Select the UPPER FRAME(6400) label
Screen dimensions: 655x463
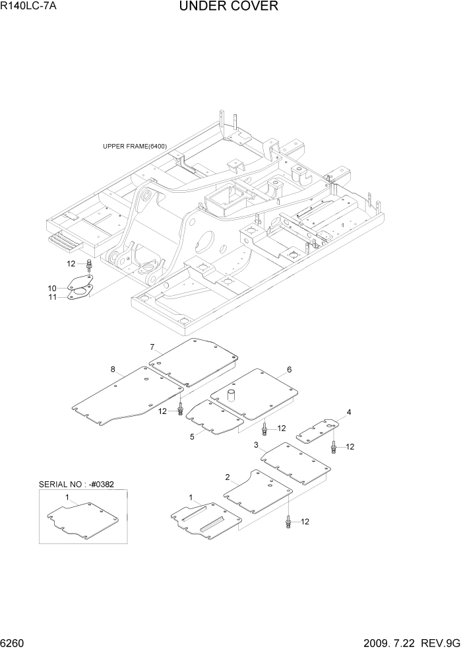pyautogui.click(x=135, y=147)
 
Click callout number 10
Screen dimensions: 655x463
pyautogui.click(x=52, y=288)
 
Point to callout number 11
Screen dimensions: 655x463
pyautogui.click(x=52, y=298)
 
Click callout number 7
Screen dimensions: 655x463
pyautogui.click(x=152, y=347)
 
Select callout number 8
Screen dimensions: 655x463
pyautogui.click(x=113, y=369)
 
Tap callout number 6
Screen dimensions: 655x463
pyautogui.click(x=289, y=369)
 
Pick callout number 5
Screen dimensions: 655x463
pyautogui.click(x=192, y=436)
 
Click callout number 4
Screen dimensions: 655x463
pyautogui.click(x=349, y=413)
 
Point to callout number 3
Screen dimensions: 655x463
pyautogui.click(x=256, y=446)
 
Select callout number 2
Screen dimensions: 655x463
pyautogui.click(x=228, y=477)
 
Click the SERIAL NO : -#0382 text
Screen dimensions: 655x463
pyautogui.click(x=76, y=484)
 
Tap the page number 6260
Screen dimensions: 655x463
pyautogui.click(x=15, y=643)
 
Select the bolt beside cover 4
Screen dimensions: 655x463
pyautogui.click(x=334, y=447)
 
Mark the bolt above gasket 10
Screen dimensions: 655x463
pyautogui.click(x=89, y=265)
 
